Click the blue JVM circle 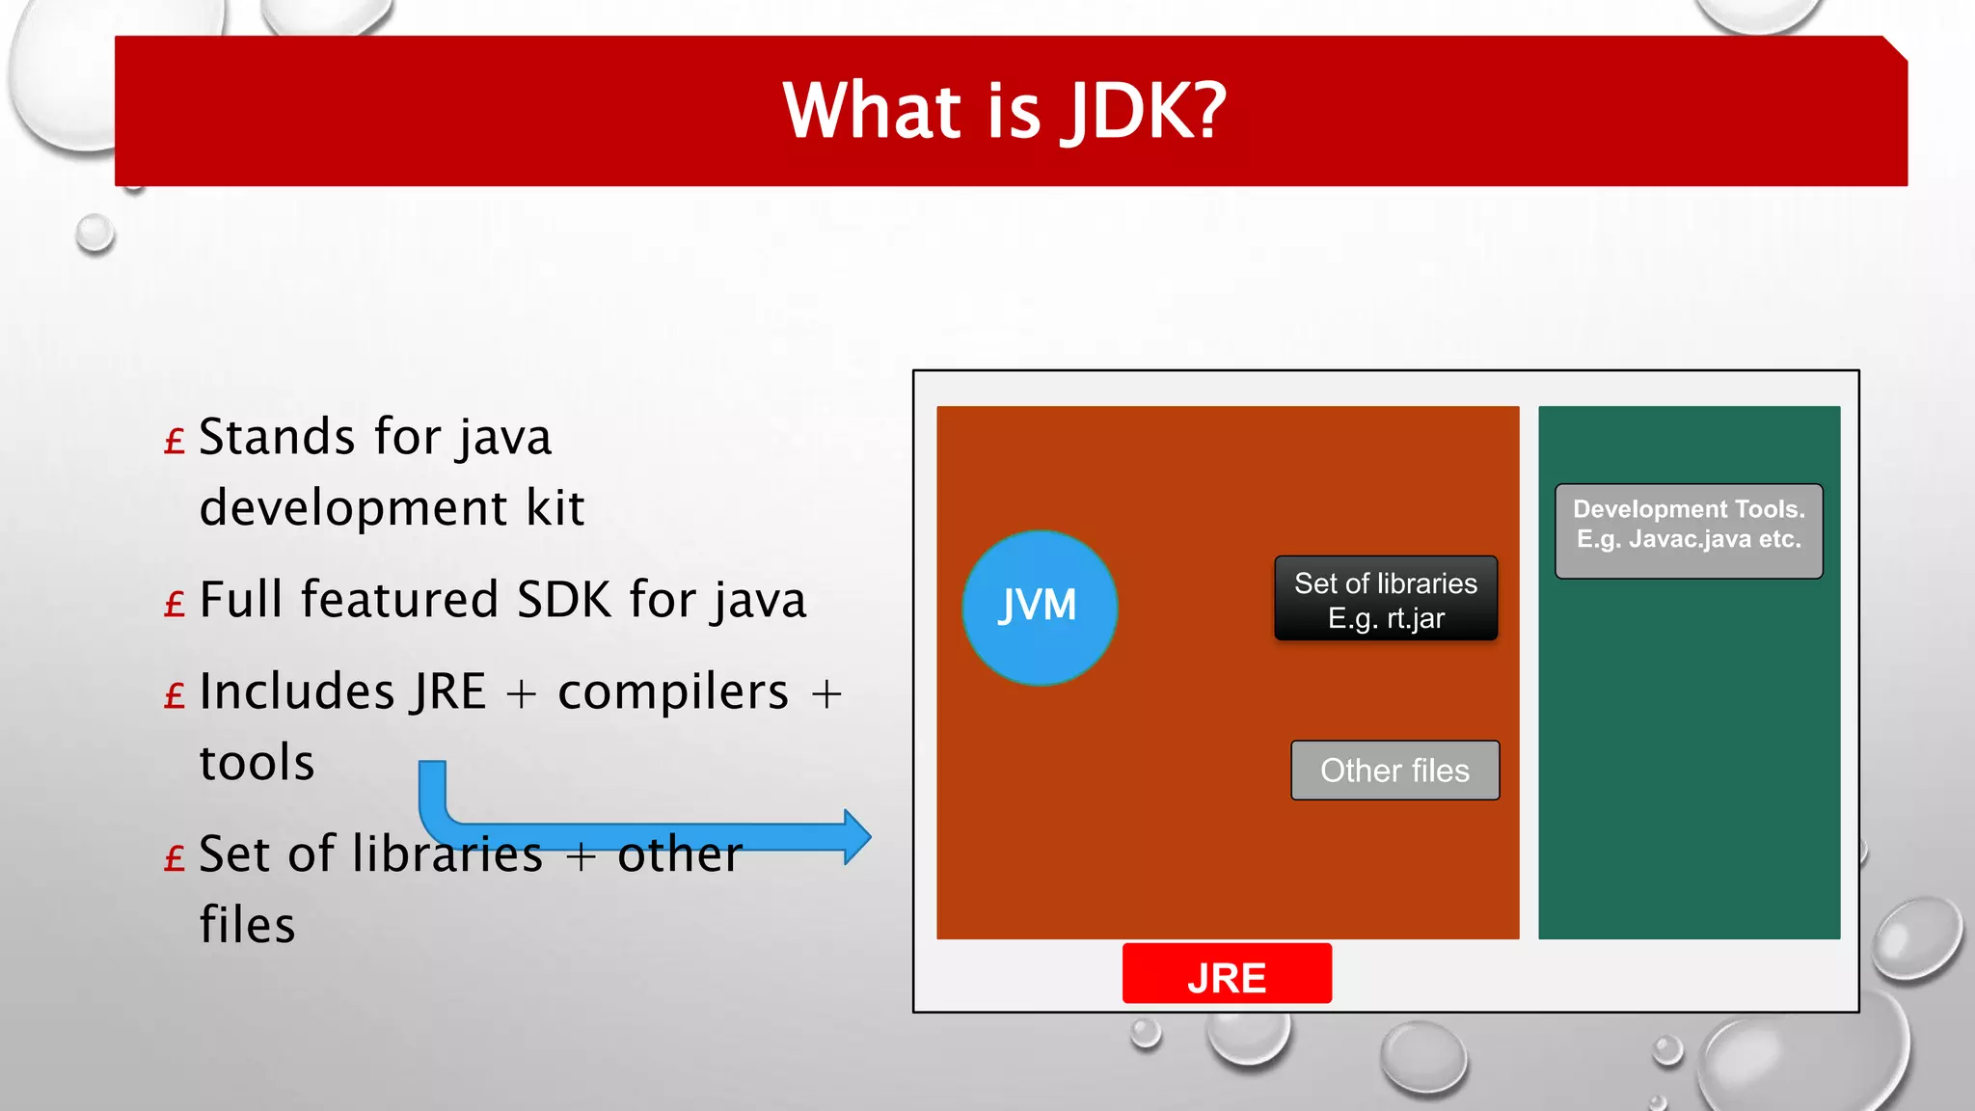tap(1040, 608)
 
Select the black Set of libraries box tap(1386, 598)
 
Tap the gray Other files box tap(1394, 771)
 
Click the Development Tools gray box tap(1689, 530)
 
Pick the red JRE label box tap(1227, 975)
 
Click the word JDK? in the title tap(1144, 111)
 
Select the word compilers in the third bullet tap(673, 692)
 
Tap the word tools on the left tap(257, 763)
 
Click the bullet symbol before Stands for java tap(175, 443)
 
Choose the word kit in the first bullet tap(555, 508)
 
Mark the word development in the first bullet tap(353, 508)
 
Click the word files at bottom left tap(247, 925)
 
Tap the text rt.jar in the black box tap(1416, 618)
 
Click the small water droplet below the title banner tap(95, 233)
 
